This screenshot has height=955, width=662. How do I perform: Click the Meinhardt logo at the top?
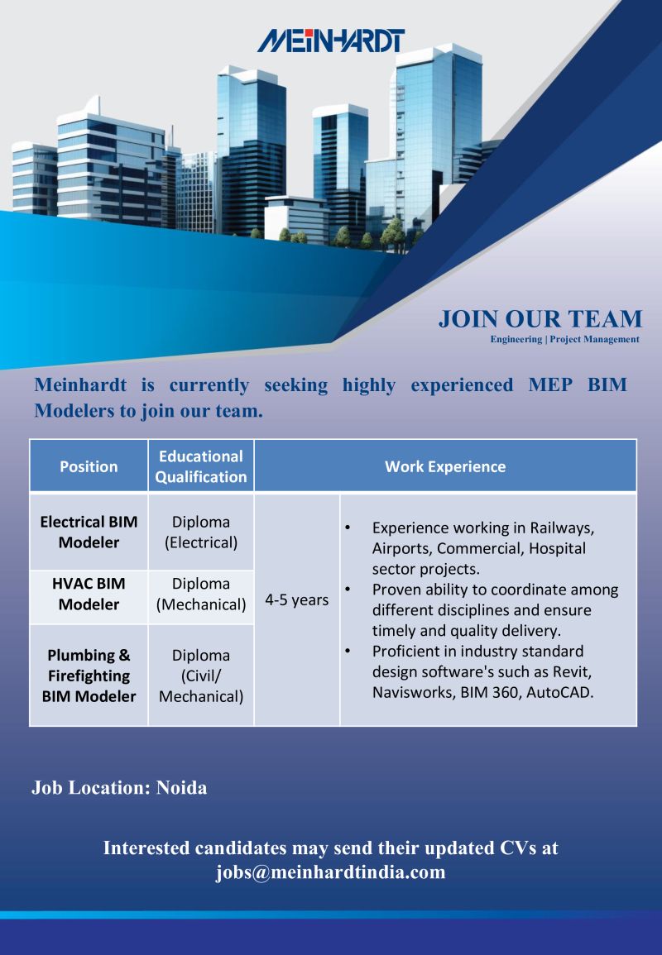click(330, 40)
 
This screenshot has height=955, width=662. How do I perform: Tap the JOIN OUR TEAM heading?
click(540, 319)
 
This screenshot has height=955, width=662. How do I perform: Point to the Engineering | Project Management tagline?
click(564, 339)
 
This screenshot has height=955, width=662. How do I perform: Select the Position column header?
click(89, 466)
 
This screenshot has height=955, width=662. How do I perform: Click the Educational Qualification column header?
click(201, 466)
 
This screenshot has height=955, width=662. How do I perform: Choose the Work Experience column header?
click(445, 466)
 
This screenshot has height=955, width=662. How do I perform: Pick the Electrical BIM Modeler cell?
click(89, 532)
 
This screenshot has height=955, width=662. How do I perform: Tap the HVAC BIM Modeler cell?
click(89, 594)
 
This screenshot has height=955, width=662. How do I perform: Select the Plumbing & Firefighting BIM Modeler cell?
click(89, 676)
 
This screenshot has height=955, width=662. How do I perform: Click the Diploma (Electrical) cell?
click(201, 532)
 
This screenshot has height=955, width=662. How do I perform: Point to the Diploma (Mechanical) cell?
click(201, 594)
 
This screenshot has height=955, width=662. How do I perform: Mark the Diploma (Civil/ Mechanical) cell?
click(201, 676)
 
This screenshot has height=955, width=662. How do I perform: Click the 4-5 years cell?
click(296, 599)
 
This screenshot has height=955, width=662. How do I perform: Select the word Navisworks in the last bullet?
click(410, 692)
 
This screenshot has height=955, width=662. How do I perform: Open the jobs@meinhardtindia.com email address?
click(330, 872)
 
